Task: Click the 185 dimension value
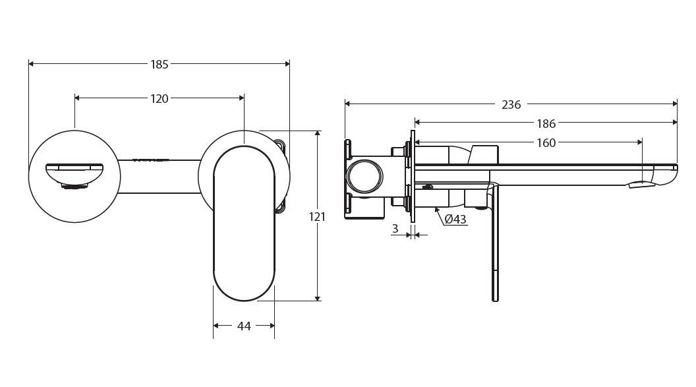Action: click(159, 64)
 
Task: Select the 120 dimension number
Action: click(159, 99)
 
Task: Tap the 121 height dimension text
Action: click(318, 216)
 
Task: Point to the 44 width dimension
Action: click(244, 326)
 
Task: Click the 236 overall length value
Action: click(511, 104)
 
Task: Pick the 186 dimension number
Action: click(546, 123)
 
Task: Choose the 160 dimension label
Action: click(546, 142)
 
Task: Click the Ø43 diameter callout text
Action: click(455, 220)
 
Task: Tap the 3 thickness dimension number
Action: click(395, 228)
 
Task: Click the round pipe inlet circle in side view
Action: click(364, 177)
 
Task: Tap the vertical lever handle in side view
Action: click(495, 244)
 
